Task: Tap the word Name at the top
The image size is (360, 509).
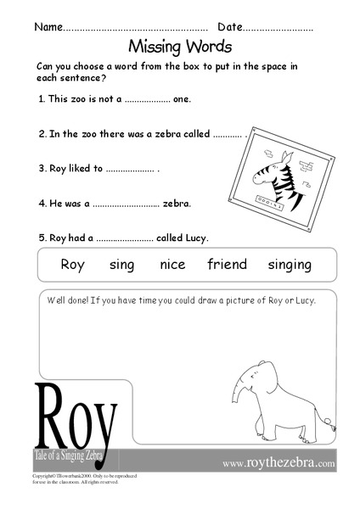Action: (x=48, y=27)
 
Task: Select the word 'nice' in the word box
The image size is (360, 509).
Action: (x=172, y=265)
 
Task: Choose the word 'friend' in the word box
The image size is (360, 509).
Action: (x=227, y=265)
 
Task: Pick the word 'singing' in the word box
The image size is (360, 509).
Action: (x=290, y=265)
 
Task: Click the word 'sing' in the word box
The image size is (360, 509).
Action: (x=122, y=265)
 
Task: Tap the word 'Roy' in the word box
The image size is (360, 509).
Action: (x=73, y=265)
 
